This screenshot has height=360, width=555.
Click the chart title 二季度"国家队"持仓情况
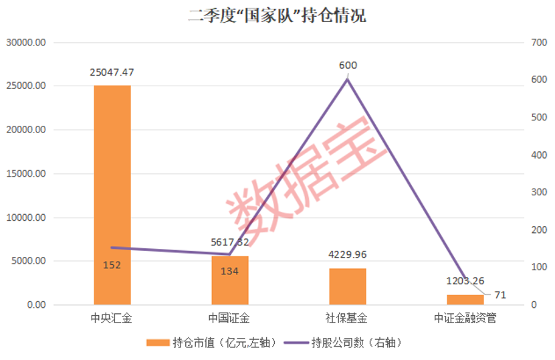pos(277,15)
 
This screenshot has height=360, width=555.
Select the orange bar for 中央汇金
pos(112,194)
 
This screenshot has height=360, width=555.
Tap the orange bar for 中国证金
pos(229,281)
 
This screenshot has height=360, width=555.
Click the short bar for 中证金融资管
pos(465,300)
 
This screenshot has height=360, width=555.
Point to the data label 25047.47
pos(112,72)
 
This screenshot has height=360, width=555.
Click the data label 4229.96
pos(347,255)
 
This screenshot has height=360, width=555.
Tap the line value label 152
pos(112,265)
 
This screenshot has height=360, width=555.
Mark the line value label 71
pos(500,294)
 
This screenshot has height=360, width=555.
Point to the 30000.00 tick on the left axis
pos(27,42)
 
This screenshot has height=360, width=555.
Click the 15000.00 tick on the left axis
pos(27,174)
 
